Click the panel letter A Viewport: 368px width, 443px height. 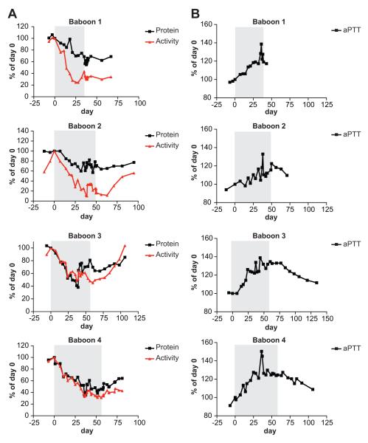(x=7, y=7)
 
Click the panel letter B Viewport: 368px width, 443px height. (x=193, y=7)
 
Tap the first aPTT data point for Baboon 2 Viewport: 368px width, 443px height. (x=226, y=190)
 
